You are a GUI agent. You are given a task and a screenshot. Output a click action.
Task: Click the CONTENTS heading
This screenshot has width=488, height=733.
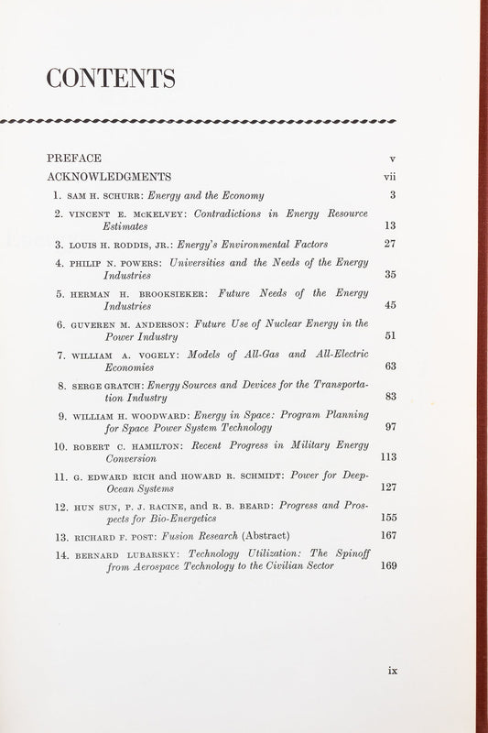[111, 80]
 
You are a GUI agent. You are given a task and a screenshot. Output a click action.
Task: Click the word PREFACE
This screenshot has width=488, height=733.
[74, 158]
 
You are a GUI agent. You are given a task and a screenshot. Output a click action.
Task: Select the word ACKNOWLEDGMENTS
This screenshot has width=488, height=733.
[109, 176]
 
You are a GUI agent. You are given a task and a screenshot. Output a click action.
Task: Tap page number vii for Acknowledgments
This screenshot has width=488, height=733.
[389, 176]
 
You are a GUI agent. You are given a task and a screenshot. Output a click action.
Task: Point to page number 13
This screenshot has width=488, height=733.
[390, 225]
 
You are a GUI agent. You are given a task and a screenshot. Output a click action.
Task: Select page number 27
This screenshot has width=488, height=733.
[390, 245]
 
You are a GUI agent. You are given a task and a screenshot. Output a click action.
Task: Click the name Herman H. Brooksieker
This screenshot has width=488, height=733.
[129, 294]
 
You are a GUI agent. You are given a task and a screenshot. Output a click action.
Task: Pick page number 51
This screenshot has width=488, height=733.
[390, 335]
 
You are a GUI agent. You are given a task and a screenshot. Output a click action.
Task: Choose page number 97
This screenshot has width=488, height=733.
[390, 427]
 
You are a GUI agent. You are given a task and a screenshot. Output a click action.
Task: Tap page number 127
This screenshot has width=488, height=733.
[388, 487]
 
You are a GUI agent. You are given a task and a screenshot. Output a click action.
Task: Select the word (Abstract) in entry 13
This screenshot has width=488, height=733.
[266, 536]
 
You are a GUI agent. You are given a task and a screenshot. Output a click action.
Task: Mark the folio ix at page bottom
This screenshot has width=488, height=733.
[393, 670]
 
